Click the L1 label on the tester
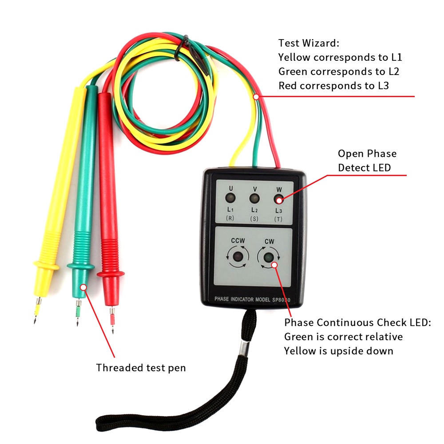[x=231, y=209]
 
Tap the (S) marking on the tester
[x=254, y=218]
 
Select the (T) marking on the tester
[x=278, y=218]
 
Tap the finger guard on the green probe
[x=80, y=266]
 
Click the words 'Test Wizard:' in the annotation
[x=309, y=44]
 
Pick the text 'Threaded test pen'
[x=141, y=368]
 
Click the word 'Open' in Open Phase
[x=351, y=154]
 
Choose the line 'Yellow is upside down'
[x=339, y=351]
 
